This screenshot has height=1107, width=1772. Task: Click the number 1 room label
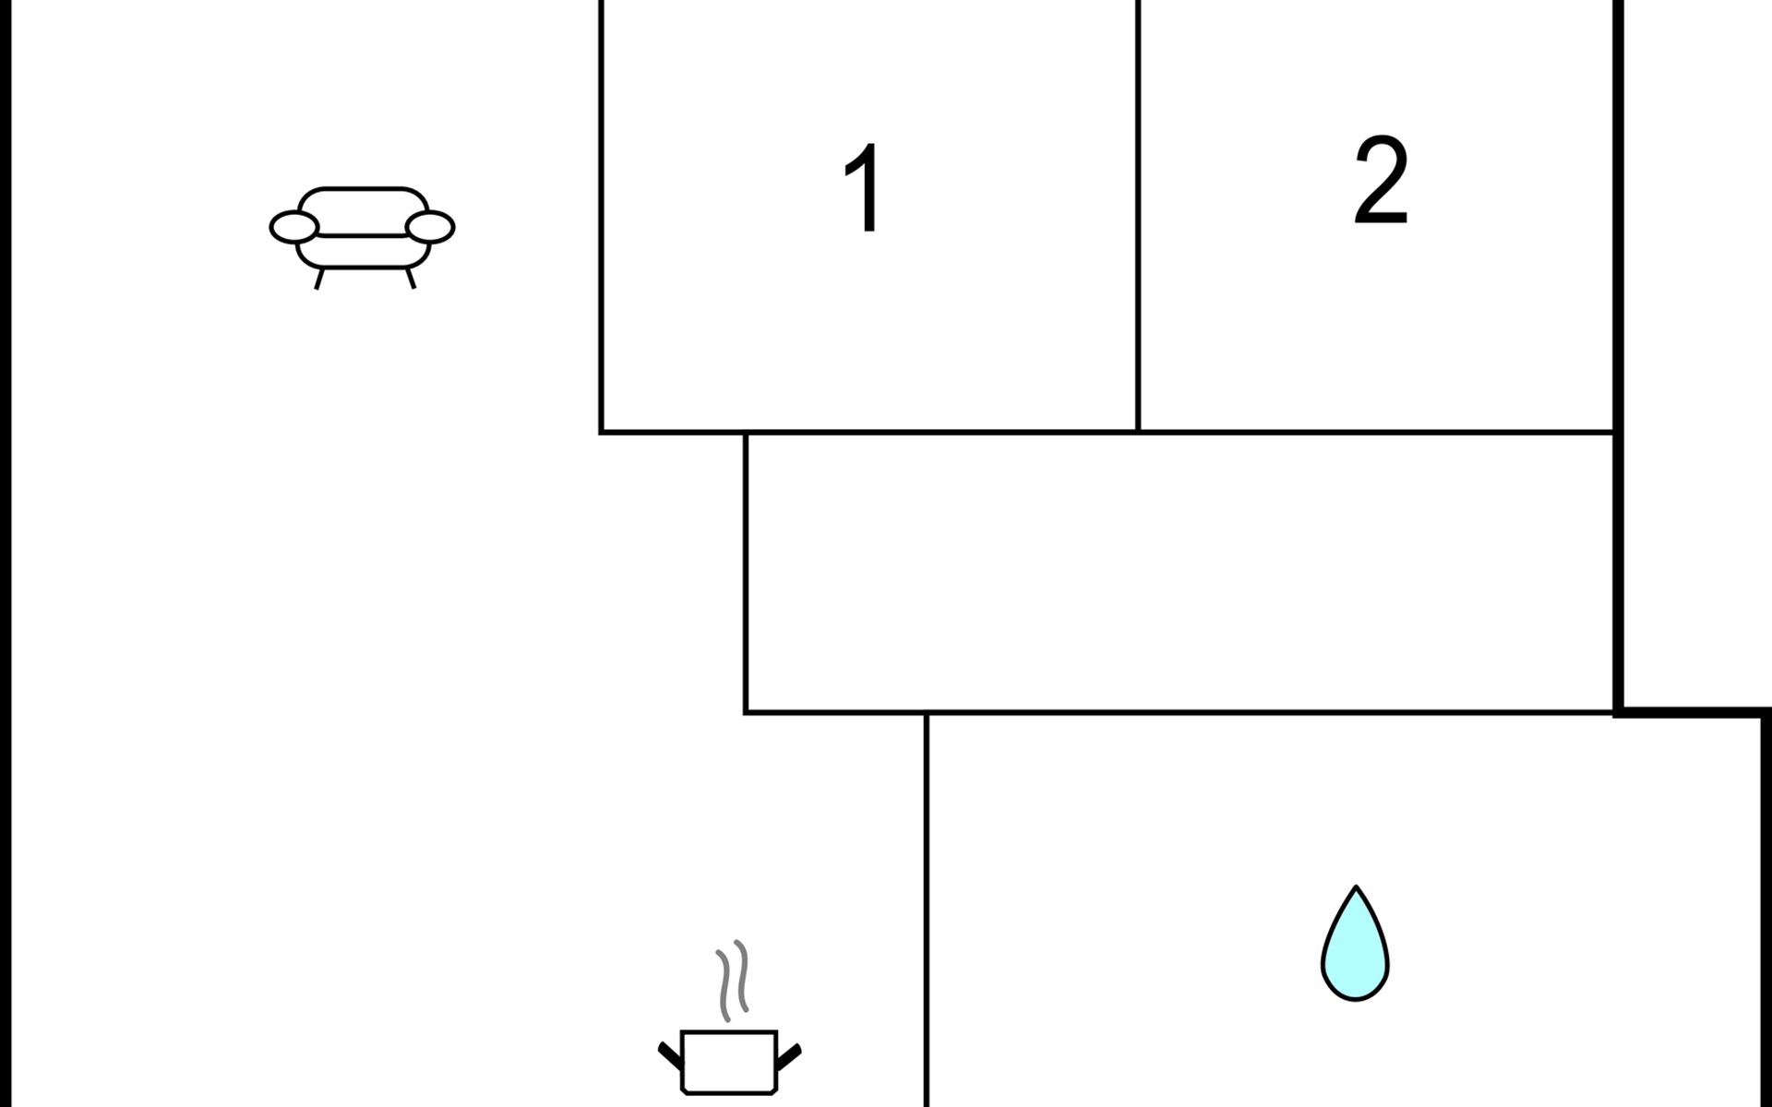coord(863,188)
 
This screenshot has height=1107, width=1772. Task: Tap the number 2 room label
coord(1381,180)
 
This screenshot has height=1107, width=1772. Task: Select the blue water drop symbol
coord(1355,944)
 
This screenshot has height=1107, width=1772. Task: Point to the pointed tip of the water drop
coord(1356,887)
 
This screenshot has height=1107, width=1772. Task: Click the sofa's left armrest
coord(294,227)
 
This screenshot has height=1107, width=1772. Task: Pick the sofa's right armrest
coord(430,227)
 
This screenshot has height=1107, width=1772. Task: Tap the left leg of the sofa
coord(319,278)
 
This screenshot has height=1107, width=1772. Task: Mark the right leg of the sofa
coord(411,278)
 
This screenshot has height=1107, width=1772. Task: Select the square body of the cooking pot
coord(729,1062)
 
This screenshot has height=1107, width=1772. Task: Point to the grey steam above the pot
coord(733,980)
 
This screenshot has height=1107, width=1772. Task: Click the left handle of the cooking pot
coord(669,1054)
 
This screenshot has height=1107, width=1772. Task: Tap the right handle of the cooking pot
coord(789,1056)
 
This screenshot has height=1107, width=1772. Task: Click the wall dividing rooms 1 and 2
coord(1138,216)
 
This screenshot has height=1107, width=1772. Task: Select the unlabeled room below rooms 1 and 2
coord(1179,572)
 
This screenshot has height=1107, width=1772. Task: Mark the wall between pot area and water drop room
coord(926,910)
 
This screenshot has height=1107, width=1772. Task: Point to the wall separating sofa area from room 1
coord(601,216)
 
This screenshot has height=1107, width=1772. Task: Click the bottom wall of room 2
coord(1377,432)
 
